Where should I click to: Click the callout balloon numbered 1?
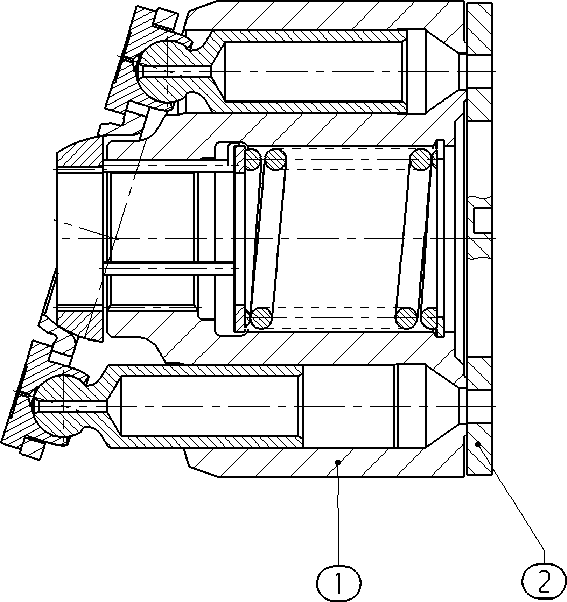click(x=338, y=583)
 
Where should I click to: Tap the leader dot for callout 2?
click(x=478, y=444)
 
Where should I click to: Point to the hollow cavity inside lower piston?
click(x=210, y=406)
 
